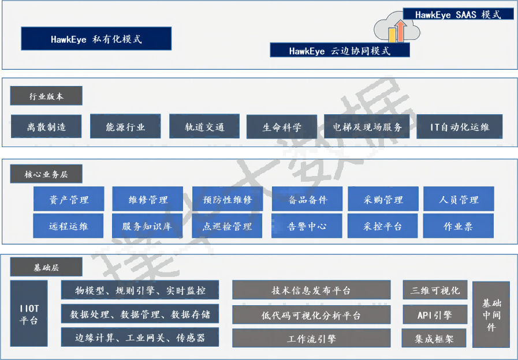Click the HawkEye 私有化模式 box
[96, 39]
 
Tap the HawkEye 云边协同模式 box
[340, 50]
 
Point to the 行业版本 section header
[46, 96]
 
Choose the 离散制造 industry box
[46, 126]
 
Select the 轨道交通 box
[204, 126]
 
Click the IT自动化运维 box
[459, 126]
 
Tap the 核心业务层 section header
[46, 174]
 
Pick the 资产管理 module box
[69, 199]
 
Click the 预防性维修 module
[228, 199]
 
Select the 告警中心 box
[307, 226]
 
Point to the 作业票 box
[459, 226]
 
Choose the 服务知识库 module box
[147, 226]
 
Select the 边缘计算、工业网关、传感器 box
[140, 337]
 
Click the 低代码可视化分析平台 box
[311, 315]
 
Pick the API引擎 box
[435, 315]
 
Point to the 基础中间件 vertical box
[491, 314]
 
